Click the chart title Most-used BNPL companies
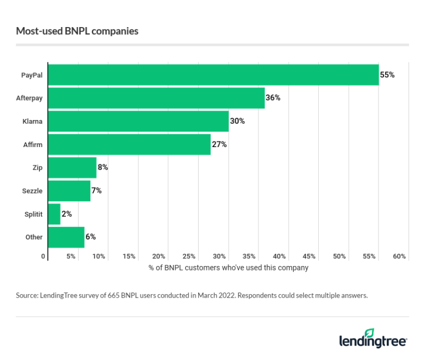pos(77,31)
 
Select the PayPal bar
pos(214,75)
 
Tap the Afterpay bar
pos(157,98)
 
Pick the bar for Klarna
pos(138,121)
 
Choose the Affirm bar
pos(129,144)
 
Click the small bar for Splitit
pos(54,214)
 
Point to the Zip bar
pos(72,168)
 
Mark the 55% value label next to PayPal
pos(387,75)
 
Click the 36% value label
pos(273,98)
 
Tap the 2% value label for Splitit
pos(66,214)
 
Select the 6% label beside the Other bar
pos(90,237)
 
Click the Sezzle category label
pos(32,191)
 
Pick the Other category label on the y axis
pos(34,237)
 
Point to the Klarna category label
pos(32,121)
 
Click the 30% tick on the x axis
pos(219,257)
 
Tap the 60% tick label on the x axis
pos(399,257)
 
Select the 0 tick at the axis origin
pos(43,257)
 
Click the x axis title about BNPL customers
pos(228,268)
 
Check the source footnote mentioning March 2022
pos(191,296)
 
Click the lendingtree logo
pos(373,338)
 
